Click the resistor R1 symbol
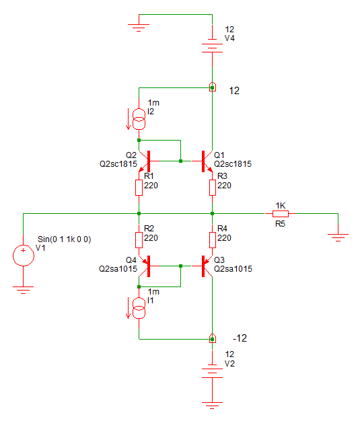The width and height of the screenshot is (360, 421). click(x=139, y=188)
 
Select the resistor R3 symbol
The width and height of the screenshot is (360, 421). click(x=212, y=188)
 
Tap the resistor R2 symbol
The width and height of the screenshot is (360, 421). click(x=139, y=240)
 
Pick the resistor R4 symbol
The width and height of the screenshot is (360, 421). click(x=212, y=240)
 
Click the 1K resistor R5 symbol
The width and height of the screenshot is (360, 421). click(x=281, y=214)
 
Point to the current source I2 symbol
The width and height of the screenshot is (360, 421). click(x=139, y=119)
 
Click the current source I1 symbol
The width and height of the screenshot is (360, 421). click(x=139, y=308)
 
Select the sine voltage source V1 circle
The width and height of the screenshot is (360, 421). click(x=24, y=256)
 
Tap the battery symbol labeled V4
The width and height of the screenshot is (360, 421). click(x=212, y=46)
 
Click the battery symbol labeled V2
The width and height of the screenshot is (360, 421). click(x=212, y=371)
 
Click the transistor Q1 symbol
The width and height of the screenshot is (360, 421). click(x=207, y=161)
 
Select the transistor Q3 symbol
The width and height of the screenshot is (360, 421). click(x=207, y=266)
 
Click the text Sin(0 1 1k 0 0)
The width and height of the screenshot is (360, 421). click(x=64, y=239)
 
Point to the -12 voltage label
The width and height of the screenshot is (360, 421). click(x=240, y=338)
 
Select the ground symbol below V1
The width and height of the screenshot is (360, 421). click(x=24, y=289)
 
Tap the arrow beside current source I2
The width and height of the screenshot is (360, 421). click(x=128, y=119)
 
